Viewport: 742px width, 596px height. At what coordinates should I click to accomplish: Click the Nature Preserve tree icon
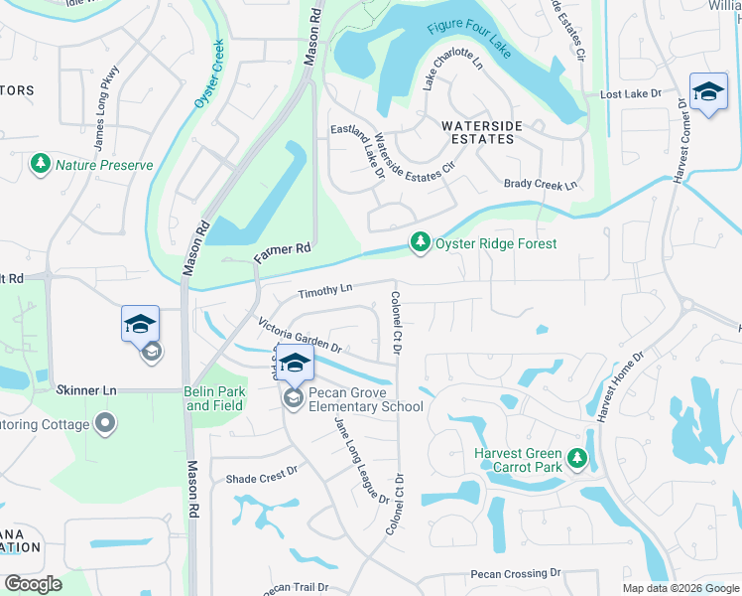41,165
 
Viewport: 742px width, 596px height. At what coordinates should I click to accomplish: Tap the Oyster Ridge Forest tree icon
421,243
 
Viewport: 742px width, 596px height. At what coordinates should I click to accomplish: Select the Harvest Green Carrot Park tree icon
577,460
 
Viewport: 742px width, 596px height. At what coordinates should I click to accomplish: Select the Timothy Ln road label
325,290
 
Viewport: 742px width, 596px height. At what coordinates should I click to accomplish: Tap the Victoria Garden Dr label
299,336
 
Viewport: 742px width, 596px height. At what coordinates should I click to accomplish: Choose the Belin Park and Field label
215,398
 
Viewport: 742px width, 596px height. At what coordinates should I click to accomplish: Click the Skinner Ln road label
87,390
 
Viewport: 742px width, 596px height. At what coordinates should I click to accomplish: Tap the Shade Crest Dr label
262,476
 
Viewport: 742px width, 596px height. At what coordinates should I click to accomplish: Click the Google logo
33,584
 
